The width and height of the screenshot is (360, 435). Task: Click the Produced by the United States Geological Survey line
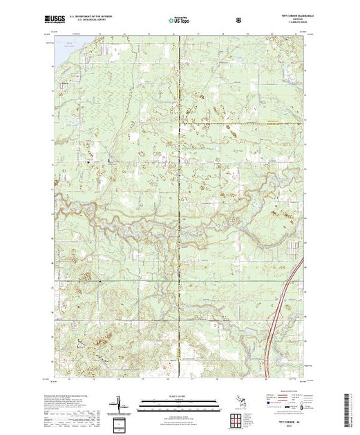tap(76, 394)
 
